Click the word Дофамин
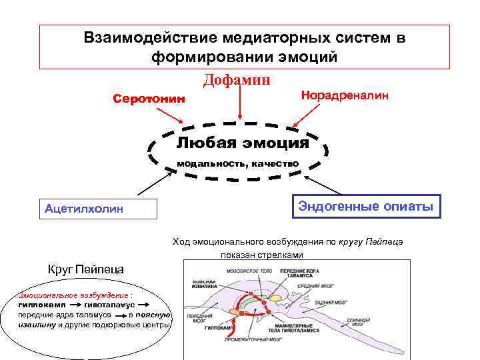point(237,80)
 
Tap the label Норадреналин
point(345,95)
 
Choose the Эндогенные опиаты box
point(366,207)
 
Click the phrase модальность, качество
point(237,163)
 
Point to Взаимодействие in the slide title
point(145,37)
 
